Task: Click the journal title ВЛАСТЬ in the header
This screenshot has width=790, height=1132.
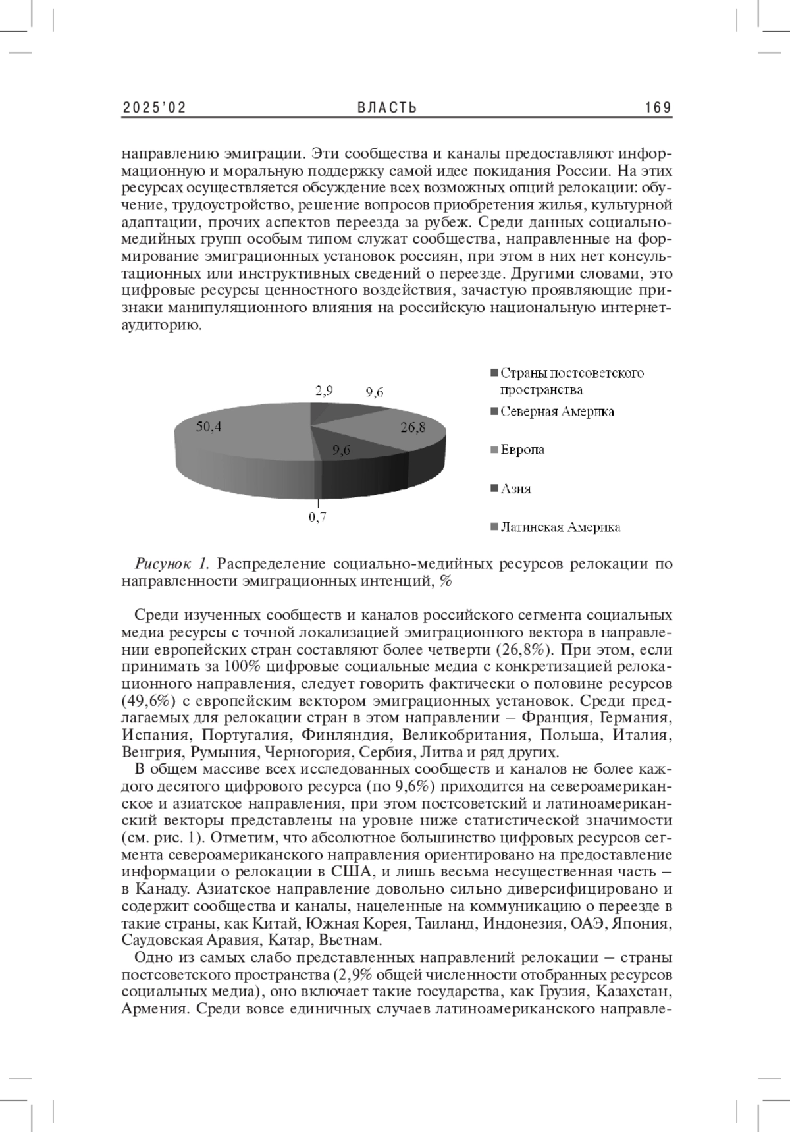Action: point(388,108)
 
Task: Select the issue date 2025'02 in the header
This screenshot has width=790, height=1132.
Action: point(154,108)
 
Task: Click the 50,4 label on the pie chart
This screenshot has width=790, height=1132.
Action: point(209,427)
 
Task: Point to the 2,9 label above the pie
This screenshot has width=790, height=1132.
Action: point(324,390)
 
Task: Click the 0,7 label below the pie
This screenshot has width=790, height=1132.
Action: point(318,518)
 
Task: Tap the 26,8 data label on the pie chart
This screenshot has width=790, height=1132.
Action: point(413,427)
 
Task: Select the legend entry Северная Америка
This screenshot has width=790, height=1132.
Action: point(557,412)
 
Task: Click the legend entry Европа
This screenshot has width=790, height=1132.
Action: point(522,450)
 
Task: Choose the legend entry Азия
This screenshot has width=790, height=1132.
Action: point(515,489)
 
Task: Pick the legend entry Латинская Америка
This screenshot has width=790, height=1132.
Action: point(560,527)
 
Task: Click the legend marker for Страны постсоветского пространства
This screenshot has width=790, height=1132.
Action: point(494,374)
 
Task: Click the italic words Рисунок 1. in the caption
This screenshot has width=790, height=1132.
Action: point(172,564)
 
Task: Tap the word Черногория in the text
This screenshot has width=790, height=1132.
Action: point(303,751)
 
